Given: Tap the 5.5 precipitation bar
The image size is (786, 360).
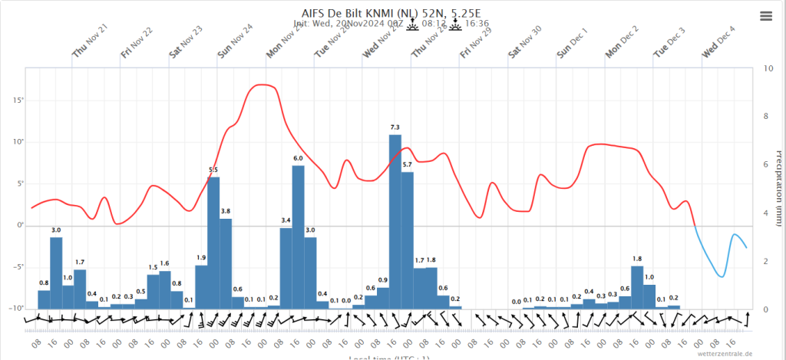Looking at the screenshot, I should pyautogui.click(x=214, y=243).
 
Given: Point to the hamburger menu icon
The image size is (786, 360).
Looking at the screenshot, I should pyautogui.click(x=766, y=16).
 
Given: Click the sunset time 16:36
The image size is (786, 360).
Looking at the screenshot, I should pyautogui.click(x=477, y=24).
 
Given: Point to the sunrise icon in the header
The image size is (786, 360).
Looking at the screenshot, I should pyautogui.click(x=411, y=24).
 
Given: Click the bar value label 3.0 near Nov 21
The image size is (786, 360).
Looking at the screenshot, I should pyautogui.click(x=56, y=230).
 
